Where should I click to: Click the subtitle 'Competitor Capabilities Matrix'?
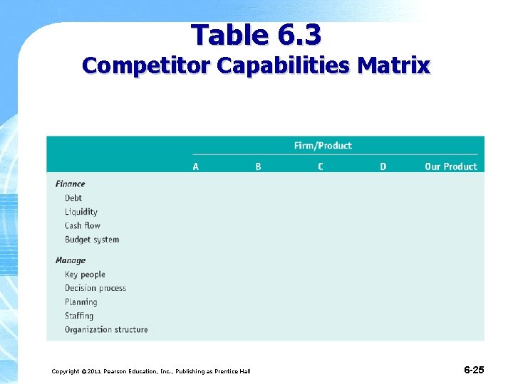tap(256, 66)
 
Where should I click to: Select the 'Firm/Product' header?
tap(323, 146)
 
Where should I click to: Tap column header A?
tap(196, 166)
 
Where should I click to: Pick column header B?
tap(258, 166)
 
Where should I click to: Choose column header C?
tap(321, 166)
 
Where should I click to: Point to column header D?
tap(383, 166)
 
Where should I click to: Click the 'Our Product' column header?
tap(450, 166)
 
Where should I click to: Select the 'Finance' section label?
tap(70, 184)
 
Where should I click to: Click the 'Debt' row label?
tap(73, 198)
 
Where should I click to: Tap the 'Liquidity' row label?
tap(81, 212)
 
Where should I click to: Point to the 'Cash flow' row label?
tap(83, 225)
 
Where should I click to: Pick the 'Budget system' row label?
tap(92, 240)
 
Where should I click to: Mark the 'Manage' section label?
tap(71, 260)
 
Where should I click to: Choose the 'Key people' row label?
tap(85, 274)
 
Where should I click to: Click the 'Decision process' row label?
tap(95, 288)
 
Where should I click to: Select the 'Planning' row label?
tap(81, 302)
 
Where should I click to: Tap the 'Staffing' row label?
tap(79, 316)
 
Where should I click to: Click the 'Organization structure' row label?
tap(106, 330)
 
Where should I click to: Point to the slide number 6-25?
tap(474, 370)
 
